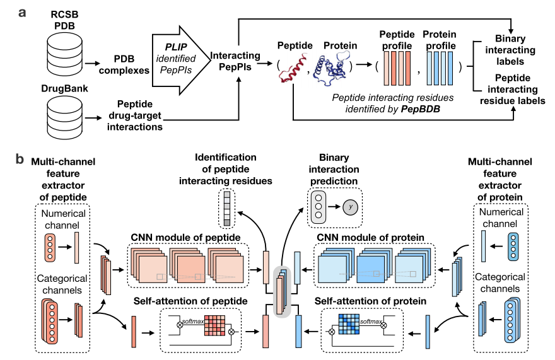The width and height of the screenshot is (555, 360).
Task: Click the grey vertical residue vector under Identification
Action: [227, 206]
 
